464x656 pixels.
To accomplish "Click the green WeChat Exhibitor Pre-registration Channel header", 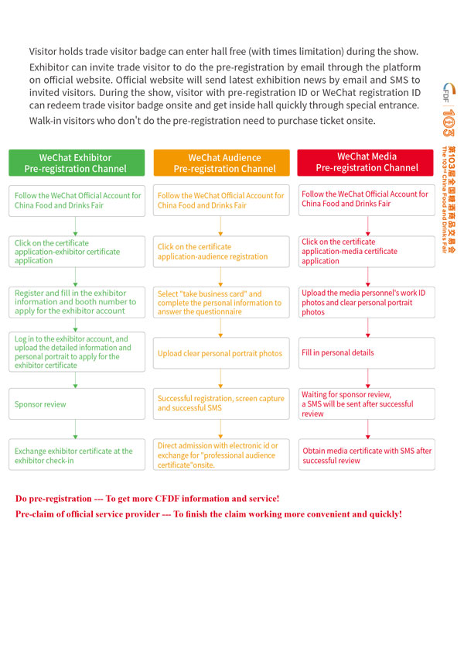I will [76, 163].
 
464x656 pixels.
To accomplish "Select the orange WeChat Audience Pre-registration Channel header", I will [221, 163].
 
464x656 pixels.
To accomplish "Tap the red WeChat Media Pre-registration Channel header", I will [367, 163].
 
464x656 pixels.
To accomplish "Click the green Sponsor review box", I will [76, 404].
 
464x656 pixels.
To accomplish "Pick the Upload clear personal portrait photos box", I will [221, 353].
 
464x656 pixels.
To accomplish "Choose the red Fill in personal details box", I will [367, 352].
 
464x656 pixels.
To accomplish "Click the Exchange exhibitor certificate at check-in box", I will [76, 455].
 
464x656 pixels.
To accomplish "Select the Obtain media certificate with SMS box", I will [367, 455].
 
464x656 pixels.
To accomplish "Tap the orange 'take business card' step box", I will [221, 303].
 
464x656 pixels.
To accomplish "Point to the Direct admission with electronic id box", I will [221, 455].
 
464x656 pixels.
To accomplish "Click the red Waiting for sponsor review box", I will [367, 404].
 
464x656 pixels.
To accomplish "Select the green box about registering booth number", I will [76, 302].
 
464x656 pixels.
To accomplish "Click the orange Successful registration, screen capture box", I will [221, 404].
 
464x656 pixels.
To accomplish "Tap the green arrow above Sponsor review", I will [76, 381].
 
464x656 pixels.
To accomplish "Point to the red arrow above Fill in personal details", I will [367, 328].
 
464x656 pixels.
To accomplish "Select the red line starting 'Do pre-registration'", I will [147, 498].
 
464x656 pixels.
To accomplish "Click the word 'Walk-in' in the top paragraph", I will [46, 121].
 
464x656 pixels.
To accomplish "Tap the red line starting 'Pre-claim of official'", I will [208, 514].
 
